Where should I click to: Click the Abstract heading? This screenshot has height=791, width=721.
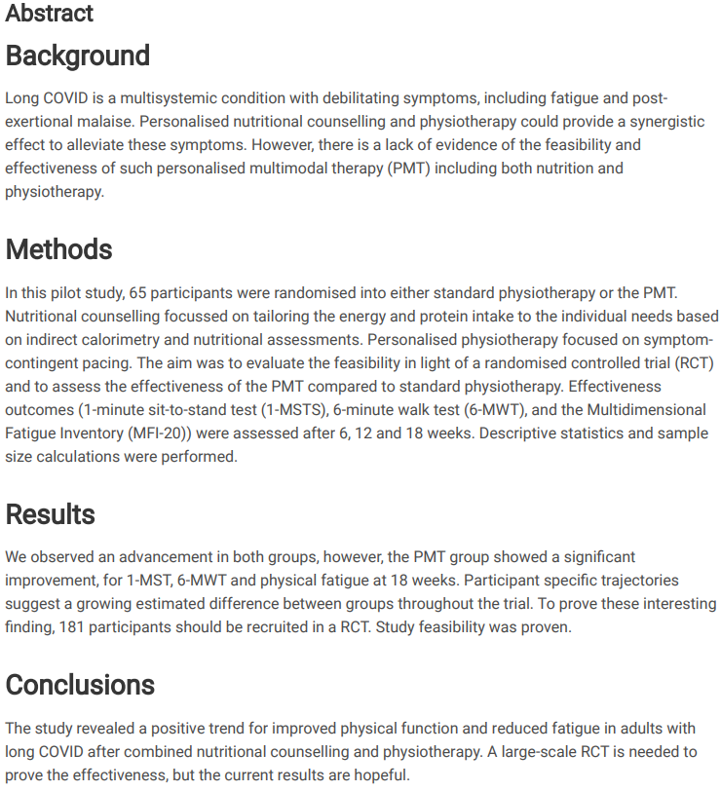point(50,14)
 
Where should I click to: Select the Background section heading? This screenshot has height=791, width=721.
point(78,56)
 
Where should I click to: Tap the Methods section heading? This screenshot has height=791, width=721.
point(58,249)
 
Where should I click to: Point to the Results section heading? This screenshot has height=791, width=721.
point(51,514)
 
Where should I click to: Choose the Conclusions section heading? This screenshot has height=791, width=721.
point(80,685)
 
